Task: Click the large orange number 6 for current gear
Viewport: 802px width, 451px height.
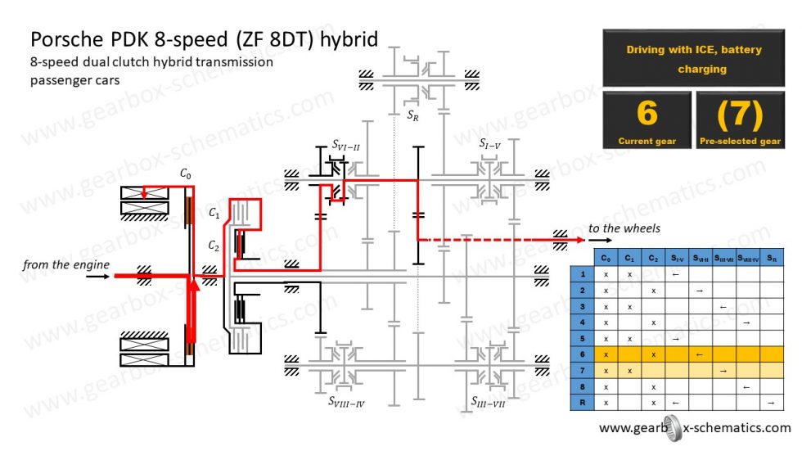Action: pos(647,113)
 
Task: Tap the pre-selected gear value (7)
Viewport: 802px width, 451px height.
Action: pos(741,113)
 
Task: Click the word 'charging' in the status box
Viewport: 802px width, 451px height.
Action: pos(701,70)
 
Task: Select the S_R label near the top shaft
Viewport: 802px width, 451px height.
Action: pos(413,115)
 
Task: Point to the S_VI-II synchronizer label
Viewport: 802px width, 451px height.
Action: pos(346,145)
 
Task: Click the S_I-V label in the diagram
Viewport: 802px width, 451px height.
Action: pos(492,144)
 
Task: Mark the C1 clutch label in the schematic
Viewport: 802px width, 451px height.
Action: pos(214,213)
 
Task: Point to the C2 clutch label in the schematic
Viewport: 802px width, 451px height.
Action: pos(214,246)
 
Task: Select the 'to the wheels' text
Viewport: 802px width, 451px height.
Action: pos(624,228)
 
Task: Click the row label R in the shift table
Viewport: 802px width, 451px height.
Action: pos(582,403)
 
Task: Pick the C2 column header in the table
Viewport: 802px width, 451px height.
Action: pos(653,259)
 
